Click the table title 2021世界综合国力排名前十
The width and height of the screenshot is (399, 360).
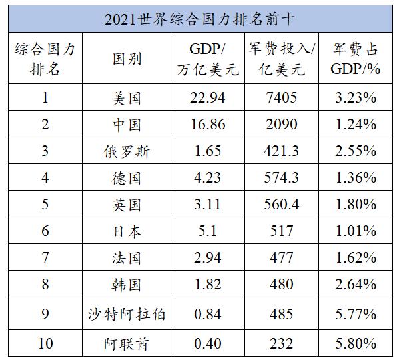coord(200,19)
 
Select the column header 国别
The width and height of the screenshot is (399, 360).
coord(127,59)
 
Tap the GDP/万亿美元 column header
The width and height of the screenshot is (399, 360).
coord(208,59)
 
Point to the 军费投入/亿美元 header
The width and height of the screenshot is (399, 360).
coord(282,59)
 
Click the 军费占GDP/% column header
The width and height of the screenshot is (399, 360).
coord(356,59)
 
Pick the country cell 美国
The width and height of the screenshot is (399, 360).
coord(127,98)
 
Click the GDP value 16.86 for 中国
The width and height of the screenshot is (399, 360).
coord(208,125)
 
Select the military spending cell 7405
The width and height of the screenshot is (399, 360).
coord(282,98)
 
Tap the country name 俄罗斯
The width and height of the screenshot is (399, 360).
coord(127,151)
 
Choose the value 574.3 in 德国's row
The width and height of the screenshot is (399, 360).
coord(282,178)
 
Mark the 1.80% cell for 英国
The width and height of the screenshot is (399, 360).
coord(356,205)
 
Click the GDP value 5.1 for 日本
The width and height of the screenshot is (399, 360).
coord(207,231)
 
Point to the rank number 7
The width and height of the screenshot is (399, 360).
coord(45,257)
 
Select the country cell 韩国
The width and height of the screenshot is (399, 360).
coord(127,285)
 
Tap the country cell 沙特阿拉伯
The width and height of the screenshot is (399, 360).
coord(127,314)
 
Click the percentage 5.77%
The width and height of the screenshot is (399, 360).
coord(356,314)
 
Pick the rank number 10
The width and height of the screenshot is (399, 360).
coord(45,343)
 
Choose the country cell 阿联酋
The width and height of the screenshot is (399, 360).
coord(127,344)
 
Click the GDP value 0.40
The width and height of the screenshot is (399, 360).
coord(208,343)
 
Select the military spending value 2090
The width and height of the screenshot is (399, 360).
coord(282,125)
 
